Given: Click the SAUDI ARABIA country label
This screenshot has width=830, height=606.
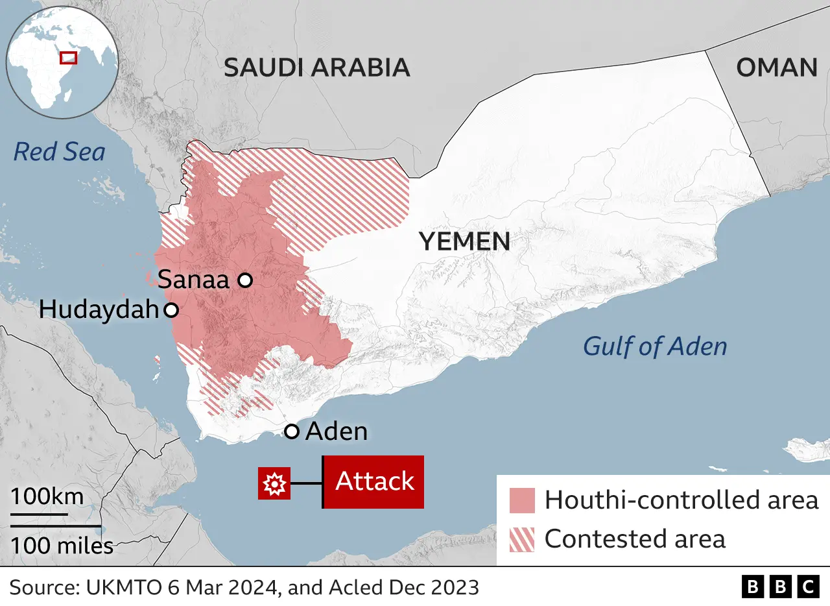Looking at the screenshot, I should (316, 67).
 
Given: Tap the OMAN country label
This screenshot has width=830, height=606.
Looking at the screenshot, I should (777, 67).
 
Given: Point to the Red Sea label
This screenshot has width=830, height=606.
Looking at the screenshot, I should (59, 152).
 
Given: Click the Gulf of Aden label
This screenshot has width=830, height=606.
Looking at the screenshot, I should (655, 346).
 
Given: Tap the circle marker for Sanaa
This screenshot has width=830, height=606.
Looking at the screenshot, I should (244, 280).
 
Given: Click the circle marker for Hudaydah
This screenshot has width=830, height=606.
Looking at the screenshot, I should (171, 310).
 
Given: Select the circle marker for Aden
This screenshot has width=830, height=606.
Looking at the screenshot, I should (292, 431).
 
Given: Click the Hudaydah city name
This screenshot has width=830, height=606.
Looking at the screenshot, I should (99, 309).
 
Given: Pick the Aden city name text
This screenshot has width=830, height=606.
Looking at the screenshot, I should (336, 431).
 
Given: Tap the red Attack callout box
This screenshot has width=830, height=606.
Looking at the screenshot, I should (374, 481).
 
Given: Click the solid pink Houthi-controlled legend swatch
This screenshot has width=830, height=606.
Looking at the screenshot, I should (522, 500).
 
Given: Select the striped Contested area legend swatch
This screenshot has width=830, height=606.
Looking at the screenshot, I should (522, 539).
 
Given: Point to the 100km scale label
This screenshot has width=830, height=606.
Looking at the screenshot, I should (47, 497).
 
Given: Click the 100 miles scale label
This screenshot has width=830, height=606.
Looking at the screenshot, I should (62, 546).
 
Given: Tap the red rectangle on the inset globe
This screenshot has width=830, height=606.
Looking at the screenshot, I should (68, 58).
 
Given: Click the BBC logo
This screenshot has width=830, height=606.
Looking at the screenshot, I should (780, 587).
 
